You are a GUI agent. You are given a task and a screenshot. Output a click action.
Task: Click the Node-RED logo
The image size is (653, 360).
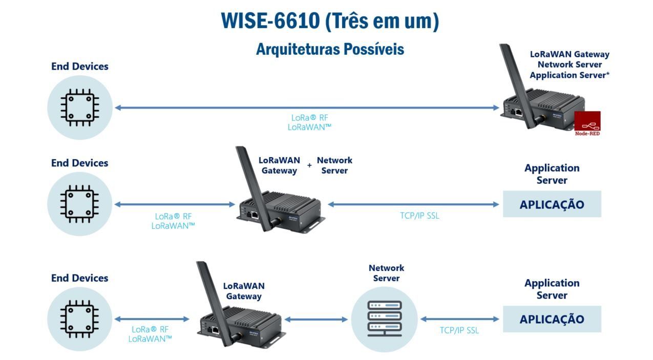[587, 123]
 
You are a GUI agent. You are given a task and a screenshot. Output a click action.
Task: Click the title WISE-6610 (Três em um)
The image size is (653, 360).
[330, 21]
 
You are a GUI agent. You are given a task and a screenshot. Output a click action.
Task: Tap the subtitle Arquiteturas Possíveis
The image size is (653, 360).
[330, 49]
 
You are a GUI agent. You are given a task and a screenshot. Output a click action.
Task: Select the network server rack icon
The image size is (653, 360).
[385, 319]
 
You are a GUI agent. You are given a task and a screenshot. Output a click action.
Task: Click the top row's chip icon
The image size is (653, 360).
[80, 108]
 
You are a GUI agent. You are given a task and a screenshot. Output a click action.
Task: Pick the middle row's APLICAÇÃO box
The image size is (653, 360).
[552, 204]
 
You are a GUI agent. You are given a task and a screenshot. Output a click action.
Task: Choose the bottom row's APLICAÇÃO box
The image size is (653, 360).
[552, 319]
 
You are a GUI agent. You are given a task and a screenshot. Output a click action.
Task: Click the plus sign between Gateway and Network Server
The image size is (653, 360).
[309, 165]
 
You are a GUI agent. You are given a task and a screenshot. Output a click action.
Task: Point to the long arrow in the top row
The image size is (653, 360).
[307, 108]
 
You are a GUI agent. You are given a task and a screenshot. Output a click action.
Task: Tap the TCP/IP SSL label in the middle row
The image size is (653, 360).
[419, 216]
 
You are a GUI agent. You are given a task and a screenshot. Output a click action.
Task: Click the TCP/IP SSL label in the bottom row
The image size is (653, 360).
[459, 330]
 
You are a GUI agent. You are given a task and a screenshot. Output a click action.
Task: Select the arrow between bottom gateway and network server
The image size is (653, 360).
[316, 320]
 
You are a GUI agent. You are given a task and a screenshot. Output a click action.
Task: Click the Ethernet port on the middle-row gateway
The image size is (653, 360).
[255, 215]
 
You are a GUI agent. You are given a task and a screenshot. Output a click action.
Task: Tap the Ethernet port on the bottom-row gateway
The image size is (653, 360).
[216, 330]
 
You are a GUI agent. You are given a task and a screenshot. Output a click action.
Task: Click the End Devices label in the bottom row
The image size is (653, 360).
[79, 278]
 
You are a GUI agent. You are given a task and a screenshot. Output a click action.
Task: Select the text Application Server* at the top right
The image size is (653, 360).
[570, 75]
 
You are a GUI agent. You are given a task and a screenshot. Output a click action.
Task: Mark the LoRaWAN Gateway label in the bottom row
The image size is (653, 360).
[244, 291]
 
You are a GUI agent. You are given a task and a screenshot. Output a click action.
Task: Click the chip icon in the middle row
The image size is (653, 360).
[79, 204]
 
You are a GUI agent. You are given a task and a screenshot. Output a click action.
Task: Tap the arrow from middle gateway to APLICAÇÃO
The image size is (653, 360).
[413, 204]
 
